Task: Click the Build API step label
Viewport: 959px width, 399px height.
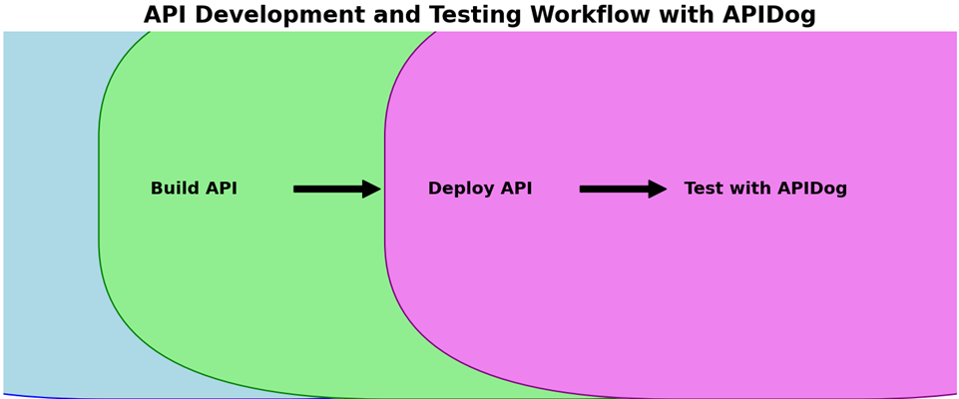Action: (x=194, y=189)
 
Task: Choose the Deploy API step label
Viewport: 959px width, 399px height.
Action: (x=480, y=189)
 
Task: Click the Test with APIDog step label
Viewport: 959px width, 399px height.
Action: (x=765, y=189)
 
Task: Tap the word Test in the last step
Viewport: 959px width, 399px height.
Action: (x=700, y=189)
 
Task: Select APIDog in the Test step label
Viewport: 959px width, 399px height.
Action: (x=813, y=189)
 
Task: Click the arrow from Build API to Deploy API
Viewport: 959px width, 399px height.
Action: (x=337, y=189)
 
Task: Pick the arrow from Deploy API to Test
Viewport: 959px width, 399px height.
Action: (x=624, y=189)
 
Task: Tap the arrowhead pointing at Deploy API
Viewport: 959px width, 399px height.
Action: (x=372, y=189)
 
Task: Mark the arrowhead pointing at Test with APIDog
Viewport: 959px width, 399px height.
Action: (x=658, y=189)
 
